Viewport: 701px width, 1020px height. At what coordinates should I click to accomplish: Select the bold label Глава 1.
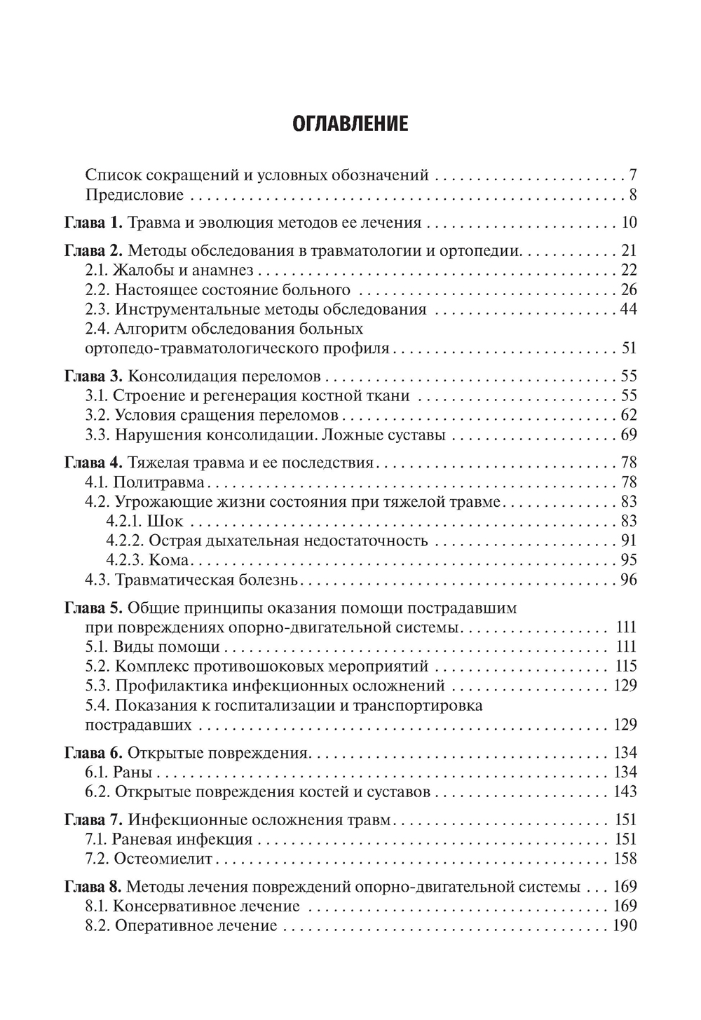[93, 224]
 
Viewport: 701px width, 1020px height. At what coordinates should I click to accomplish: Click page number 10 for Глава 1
[628, 224]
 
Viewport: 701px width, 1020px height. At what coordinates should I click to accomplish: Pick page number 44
[628, 308]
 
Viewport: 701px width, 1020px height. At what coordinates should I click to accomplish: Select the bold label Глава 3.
[93, 375]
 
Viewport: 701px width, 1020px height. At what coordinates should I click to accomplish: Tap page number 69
[628, 435]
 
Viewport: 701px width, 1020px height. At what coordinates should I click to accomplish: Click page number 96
[628, 579]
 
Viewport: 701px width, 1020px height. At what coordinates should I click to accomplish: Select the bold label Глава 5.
[93, 608]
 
